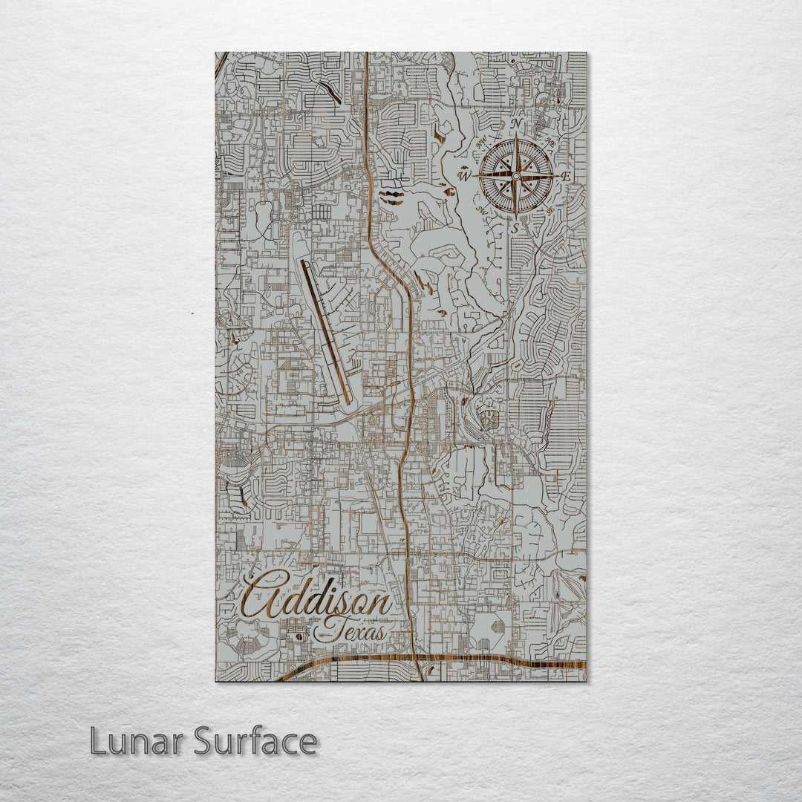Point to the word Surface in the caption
pos(255,741)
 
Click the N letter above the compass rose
pos(515,124)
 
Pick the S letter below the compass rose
pos(515,228)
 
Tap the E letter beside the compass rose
pos(566,177)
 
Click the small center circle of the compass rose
pos(515,176)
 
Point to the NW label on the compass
pos(480,140)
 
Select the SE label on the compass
pos(550,211)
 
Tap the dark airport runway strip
pos(326,330)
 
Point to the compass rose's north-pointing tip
pos(515,136)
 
